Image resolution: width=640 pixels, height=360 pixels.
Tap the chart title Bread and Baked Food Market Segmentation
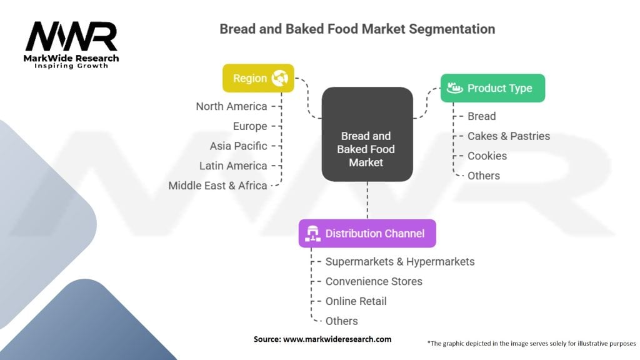point(357,29)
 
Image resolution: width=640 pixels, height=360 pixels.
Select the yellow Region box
point(258,78)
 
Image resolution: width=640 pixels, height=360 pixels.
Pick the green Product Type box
point(492,88)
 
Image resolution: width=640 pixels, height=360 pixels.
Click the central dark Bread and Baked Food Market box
point(367,134)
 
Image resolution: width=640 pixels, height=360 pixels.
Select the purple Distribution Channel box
point(367,233)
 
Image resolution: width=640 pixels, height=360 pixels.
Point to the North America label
point(231,106)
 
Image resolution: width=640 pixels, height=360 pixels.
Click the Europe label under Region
point(249,126)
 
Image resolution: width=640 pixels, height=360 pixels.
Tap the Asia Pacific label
point(238,146)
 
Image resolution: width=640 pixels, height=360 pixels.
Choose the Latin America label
point(233,166)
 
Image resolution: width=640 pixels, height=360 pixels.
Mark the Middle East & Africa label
point(217,186)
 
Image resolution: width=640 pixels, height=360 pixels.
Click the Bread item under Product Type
point(481,116)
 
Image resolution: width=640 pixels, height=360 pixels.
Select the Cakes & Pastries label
point(509,136)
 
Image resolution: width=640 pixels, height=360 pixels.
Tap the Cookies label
point(487,156)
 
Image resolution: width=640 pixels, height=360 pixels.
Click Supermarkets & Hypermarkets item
point(399,261)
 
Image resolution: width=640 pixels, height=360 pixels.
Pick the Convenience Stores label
point(374,281)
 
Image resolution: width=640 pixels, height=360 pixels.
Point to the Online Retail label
point(356,301)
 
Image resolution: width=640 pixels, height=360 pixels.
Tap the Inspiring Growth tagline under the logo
point(71,66)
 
